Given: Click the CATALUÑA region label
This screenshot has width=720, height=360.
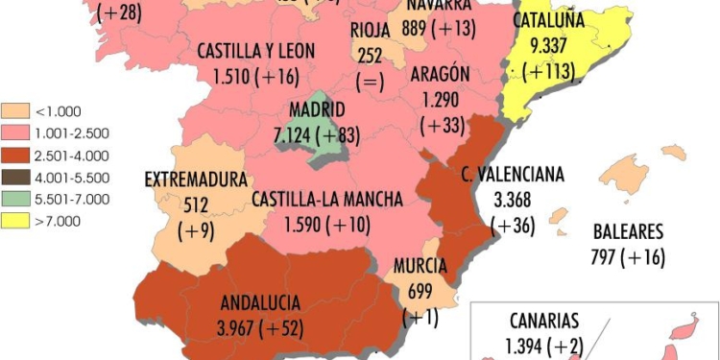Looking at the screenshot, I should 548,21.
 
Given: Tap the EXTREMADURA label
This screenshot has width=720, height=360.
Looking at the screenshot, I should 196,180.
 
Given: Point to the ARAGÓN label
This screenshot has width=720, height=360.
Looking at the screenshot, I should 439,75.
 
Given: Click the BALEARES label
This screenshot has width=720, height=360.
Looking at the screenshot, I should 628,232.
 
